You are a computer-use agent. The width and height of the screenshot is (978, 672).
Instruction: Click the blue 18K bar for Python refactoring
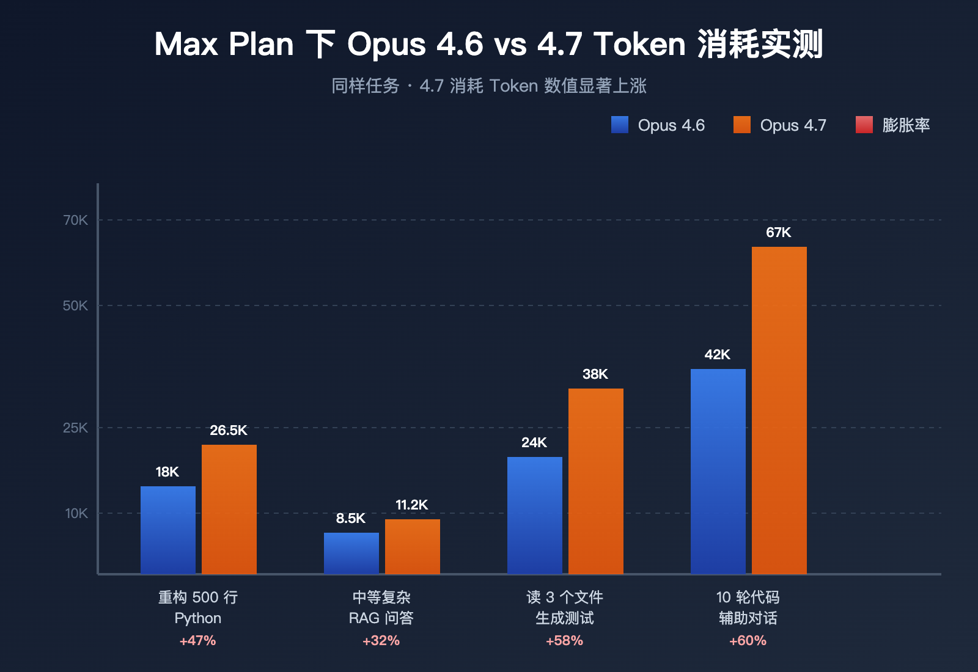[168, 530]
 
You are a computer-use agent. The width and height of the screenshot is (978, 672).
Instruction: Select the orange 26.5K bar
[229, 509]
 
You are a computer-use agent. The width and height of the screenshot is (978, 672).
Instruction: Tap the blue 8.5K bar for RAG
[351, 553]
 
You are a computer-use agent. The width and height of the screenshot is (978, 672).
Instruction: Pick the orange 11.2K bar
[413, 546]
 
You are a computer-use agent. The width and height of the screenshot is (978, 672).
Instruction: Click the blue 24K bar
[535, 515]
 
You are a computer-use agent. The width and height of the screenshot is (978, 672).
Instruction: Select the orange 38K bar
[596, 481]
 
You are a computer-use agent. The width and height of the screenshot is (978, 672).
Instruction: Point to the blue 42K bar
[718, 471]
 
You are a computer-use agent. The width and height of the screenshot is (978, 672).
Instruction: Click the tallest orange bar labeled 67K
[779, 410]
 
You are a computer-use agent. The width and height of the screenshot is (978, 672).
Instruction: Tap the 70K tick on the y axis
[76, 220]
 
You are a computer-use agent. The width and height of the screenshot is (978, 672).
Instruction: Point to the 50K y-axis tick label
[76, 305]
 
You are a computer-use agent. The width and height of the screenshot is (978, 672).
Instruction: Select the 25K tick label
[76, 428]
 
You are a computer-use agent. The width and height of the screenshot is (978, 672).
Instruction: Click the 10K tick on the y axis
[77, 513]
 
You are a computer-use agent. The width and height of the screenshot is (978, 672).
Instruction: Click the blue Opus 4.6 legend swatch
[620, 125]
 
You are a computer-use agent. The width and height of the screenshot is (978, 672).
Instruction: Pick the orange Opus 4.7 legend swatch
[742, 125]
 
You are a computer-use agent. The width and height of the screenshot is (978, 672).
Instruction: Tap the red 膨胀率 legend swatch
[864, 125]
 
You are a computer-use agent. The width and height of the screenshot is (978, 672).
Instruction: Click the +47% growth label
[197, 640]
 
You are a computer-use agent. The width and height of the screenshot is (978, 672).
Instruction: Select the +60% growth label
[748, 640]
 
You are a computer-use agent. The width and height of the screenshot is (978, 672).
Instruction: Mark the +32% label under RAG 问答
[381, 640]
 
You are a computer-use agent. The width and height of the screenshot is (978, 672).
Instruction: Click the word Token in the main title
[639, 44]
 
